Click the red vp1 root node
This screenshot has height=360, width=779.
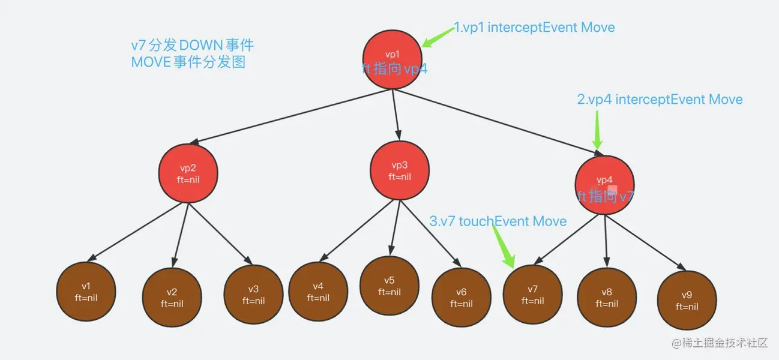coord(393,60)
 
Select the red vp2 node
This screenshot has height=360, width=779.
coord(188,173)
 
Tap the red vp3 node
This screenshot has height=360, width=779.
coord(400,170)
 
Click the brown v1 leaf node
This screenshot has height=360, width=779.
coord(86,292)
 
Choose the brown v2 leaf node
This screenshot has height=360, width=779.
coord(172,297)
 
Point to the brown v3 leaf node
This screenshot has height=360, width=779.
coord(253,294)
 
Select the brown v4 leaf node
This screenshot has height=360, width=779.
coord(318,292)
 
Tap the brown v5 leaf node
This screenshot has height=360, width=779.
coord(389,286)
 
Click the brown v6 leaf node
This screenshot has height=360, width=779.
coord(461,297)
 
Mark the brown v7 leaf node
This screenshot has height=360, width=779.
coord(532,294)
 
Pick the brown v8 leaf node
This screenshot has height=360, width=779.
coord(607,298)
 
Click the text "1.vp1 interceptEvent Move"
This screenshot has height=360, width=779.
coord(534,28)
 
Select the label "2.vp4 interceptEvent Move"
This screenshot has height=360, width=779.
coord(660,100)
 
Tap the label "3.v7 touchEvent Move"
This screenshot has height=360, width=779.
coord(498,221)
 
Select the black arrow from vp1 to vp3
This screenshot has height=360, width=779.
coord(396,114)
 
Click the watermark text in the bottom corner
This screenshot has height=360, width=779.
coord(719,343)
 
